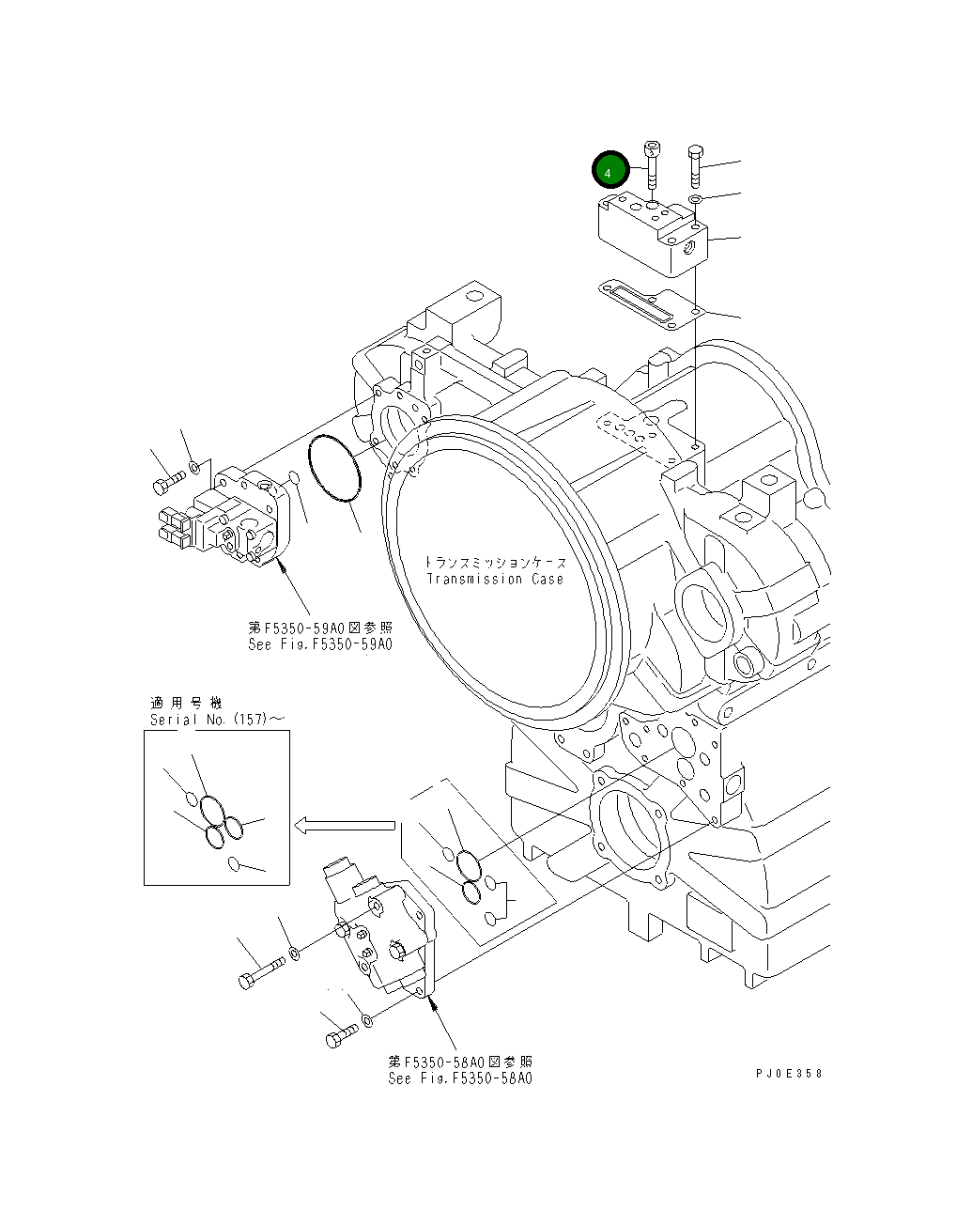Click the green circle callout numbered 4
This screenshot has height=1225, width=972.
[609, 173]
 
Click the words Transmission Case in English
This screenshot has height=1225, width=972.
[495, 579]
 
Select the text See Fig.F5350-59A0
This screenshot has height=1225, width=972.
[319, 644]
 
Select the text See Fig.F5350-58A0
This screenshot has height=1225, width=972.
[460, 1078]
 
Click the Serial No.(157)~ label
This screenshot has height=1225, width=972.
[217, 720]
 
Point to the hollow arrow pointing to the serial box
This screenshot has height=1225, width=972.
[344, 825]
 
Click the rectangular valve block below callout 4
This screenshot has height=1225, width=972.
[655, 235]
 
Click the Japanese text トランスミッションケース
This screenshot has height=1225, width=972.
[495, 562]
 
